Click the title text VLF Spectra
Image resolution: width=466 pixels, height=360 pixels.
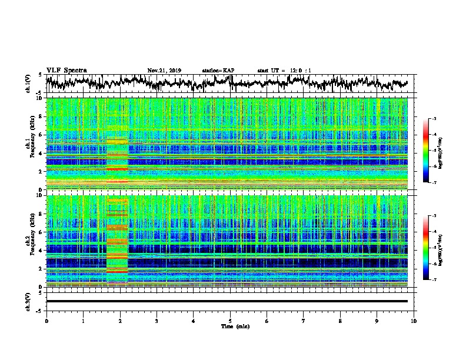[x=66, y=70]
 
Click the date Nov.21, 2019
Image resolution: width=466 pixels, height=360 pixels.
[x=164, y=71]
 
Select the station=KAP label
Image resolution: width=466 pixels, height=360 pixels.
[x=218, y=71]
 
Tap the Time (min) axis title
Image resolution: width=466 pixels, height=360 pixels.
[x=230, y=326]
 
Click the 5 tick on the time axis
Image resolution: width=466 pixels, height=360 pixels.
[x=230, y=320]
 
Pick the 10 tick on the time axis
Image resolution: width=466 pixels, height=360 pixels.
[x=414, y=320]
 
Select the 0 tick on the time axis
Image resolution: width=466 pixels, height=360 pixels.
[x=46, y=320]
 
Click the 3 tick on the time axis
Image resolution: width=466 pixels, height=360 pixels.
[x=157, y=320]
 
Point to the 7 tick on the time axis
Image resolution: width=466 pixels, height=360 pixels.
[x=304, y=320]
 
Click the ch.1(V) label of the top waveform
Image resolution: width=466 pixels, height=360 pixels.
[x=29, y=84]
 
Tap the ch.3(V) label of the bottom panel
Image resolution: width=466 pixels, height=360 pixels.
[x=29, y=301]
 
